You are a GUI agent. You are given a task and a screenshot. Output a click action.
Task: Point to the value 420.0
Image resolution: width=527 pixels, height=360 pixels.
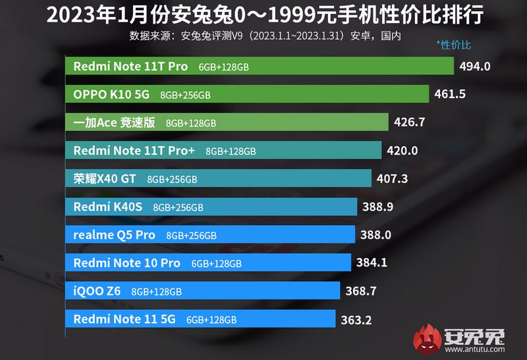coord(402,151)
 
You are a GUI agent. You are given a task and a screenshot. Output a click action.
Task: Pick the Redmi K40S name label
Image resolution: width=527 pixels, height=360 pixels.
coord(107,207)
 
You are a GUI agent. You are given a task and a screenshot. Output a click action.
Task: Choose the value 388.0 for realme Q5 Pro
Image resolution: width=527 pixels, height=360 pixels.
coord(376,235)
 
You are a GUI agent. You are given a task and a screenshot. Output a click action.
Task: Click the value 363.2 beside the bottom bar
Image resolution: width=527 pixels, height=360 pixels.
coord(357,319)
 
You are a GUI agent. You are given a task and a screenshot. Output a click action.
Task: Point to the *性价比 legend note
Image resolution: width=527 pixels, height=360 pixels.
coord(453,45)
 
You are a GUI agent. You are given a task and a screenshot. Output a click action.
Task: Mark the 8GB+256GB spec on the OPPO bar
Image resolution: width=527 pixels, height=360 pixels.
coord(185,95)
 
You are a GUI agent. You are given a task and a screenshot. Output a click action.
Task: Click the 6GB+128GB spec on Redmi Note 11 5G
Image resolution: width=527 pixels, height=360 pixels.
coord(211,320)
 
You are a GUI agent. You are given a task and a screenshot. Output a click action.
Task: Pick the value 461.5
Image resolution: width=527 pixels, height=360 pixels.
coord(450,94)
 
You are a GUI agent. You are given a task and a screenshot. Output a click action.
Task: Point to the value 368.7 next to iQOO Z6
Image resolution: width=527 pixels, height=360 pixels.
coord(361,291)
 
